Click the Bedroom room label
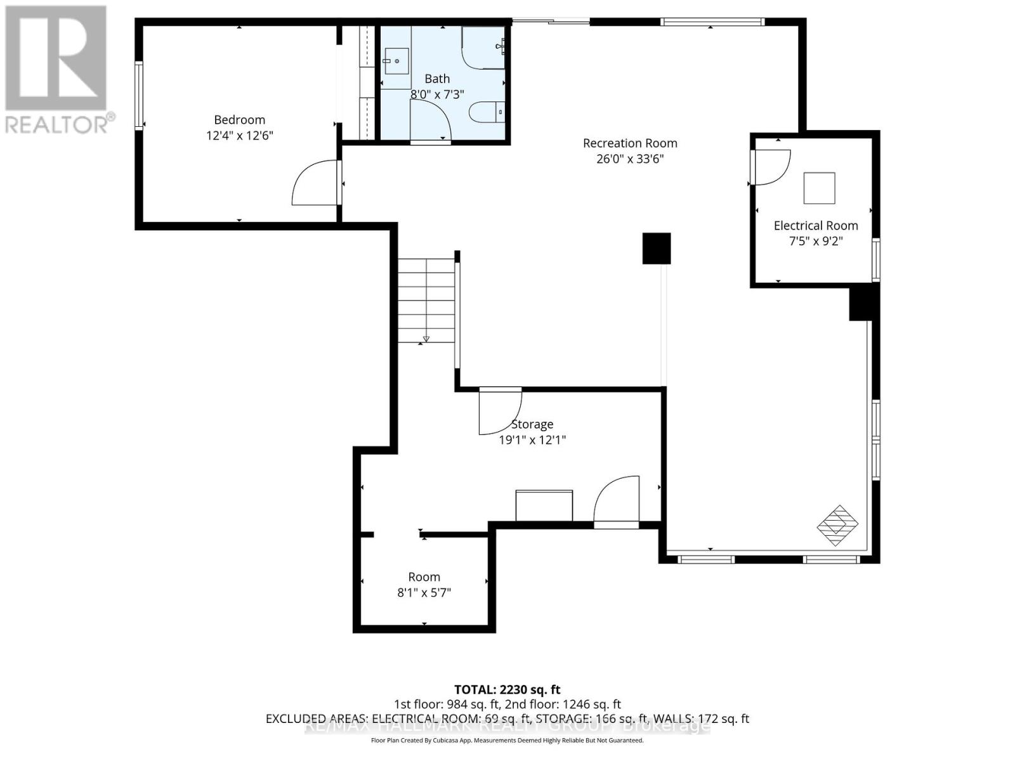(x=239, y=120)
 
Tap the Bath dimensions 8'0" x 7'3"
(x=437, y=94)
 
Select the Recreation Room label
(x=630, y=143)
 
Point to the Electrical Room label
(x=816, y=226)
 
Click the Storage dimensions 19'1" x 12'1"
(x=532, y=440)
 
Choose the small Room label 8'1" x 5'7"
(x=424, y=585)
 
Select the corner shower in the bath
(x=483, y=47)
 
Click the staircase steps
(x=426, y=299)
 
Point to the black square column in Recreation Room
(x=657, y=249)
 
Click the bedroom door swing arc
(x=313, y=184)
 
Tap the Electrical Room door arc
(x=771, y=167)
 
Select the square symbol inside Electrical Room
(x=819, y=188)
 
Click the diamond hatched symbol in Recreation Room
(x=837, y=525)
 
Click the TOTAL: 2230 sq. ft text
(x=507, y=689)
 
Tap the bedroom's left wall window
(x=139, y=95)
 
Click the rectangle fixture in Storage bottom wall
(x=544, y=505)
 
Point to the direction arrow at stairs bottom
(x=426, y=339)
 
